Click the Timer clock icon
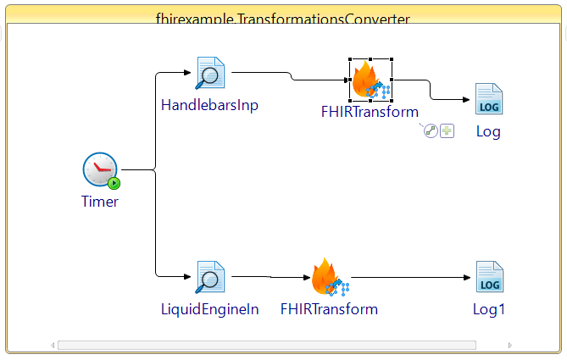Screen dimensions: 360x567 (x=100, y=170)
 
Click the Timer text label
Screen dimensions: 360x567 (x=100, y=202)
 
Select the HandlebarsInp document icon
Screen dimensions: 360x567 (x=209, y=74)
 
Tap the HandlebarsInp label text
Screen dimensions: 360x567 (x=210, y=106)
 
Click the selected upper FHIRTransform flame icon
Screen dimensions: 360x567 (x=370, y=80)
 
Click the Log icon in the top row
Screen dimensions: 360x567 (x=489, y=99)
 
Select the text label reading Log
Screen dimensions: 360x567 (x=488, y=131)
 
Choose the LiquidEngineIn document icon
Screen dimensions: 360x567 (x=209, y=277)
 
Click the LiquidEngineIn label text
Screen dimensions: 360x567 (x=210, y=309)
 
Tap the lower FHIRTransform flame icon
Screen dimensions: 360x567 (x=327, y=277)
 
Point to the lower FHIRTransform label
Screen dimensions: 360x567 (x=329, y=309)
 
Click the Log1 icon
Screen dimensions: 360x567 (x=489, y=277)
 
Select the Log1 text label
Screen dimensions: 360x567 (x=489, y=309)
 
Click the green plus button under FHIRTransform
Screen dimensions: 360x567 (x=447, y=131)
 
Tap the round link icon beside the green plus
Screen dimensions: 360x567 (x=431, y=131)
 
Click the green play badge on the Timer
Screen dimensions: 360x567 (x=114, y=183)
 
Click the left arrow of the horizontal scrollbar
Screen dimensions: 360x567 (x=53, y=345)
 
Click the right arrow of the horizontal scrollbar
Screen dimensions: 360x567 (x=510, y=345)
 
